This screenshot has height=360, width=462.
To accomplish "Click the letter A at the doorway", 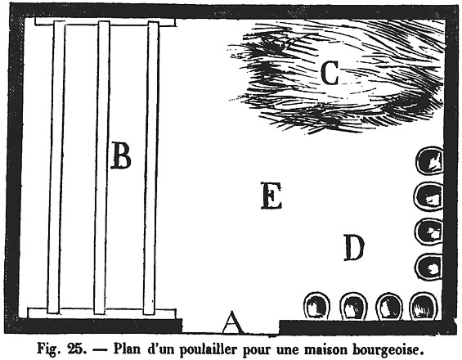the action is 233,322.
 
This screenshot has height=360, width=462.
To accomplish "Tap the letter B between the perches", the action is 121,155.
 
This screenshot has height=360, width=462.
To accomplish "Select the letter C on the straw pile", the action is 330,73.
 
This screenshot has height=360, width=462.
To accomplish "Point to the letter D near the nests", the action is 354,248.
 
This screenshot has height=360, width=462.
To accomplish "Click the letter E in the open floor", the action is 271,196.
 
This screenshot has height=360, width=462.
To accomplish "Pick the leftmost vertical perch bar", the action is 56,167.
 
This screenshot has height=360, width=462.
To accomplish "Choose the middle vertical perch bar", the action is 101,168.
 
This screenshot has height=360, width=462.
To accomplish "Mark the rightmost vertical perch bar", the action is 151,168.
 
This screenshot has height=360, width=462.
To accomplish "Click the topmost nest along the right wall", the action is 429,161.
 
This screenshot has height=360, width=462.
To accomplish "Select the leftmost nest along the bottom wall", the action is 316,306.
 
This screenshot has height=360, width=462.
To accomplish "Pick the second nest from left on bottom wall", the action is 353,307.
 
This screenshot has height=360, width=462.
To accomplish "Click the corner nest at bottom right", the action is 424,307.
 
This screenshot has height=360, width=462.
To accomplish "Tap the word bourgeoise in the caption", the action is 388,350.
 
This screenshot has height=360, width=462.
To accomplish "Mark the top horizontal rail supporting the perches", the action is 105,22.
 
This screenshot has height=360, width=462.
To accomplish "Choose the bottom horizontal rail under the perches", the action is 101,313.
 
